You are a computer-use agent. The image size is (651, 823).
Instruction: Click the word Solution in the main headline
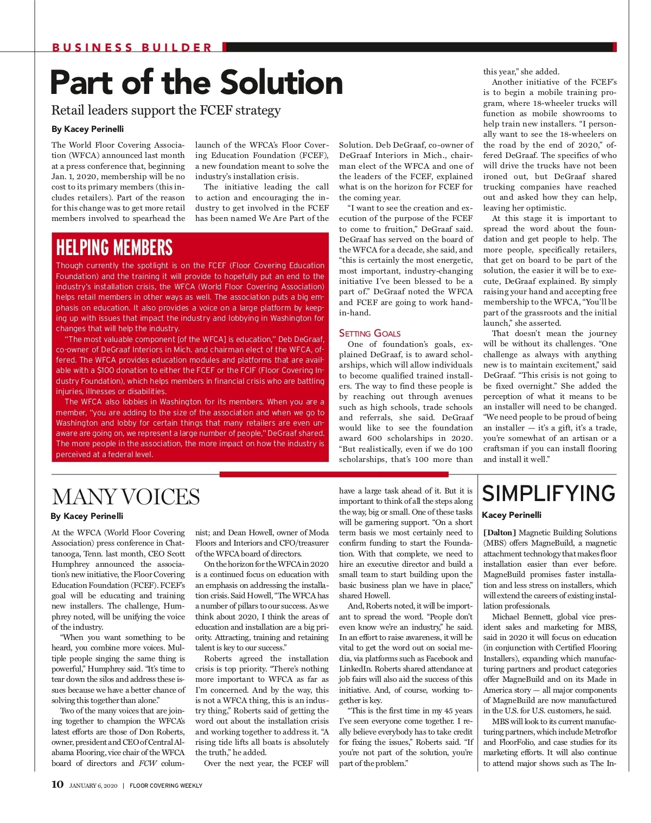point(282,83)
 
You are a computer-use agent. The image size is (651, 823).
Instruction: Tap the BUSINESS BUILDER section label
point(132,48)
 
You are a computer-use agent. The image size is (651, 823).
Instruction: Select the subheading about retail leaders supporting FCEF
point(166,110)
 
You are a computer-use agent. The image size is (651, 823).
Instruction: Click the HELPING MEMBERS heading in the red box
point(114,248)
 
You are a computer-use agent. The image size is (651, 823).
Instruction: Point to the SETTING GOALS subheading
point(369,333)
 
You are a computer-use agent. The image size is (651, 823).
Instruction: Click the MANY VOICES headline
point(126,497)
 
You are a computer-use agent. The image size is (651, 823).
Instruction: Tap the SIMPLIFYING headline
point(548,493)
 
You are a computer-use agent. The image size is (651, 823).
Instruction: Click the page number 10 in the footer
point(58,784)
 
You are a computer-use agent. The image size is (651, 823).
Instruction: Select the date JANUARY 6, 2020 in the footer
point(93,786)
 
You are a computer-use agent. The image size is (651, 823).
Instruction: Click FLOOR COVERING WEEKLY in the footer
point(166,786)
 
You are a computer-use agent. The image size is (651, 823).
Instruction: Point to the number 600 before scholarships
point(374,438)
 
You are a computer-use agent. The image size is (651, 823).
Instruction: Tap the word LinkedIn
point(355,669)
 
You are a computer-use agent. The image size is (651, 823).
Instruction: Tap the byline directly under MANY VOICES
point(87,516)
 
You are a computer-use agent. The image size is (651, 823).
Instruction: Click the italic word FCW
point(148,763)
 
